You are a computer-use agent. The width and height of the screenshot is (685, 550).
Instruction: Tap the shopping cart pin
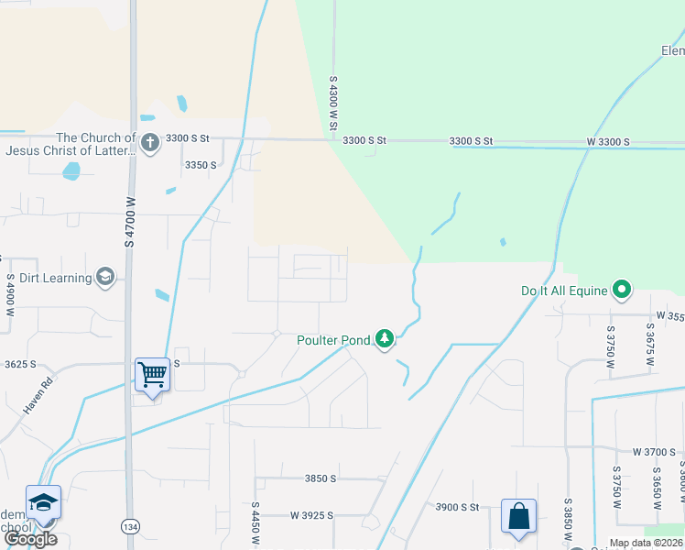tap(152, 373)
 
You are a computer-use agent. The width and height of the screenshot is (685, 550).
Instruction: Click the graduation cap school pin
tap(43, 501)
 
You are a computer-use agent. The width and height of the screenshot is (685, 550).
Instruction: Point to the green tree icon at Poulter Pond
tap(386, 340)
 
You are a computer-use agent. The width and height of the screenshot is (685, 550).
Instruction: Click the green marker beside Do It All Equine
tap(622, 291)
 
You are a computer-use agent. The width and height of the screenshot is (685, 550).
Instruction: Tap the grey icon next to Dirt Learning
tap(104, 278)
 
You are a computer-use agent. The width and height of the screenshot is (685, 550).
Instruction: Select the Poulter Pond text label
tap(333, 340)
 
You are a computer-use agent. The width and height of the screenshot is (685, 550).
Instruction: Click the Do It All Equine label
tap(564, 291)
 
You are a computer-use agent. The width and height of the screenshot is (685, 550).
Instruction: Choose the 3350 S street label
tap(201, 165)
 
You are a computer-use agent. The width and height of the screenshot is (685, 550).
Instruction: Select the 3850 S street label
tap(321, 478)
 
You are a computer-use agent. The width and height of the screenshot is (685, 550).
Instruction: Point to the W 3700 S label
tap(654, 452)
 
